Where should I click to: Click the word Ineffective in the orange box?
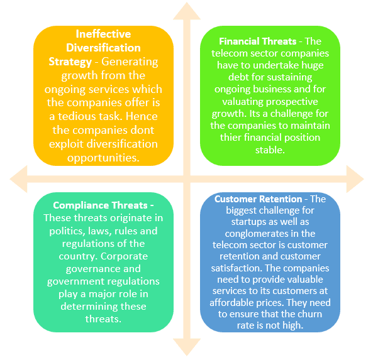tap(103, 34)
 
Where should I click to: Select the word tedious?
tap(77, 116)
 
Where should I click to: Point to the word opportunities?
tap(103, 158)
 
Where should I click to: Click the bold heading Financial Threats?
tap(258, 41)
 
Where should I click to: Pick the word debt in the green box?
tap(238, 77)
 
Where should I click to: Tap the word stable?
tap(270, 150)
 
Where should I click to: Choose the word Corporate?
tap(124, 256)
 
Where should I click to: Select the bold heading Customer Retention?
tap(258, 199)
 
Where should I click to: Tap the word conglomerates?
tap(256, 234)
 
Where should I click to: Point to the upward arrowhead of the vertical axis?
tap(187, 11)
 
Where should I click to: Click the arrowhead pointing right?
tap(355, 179)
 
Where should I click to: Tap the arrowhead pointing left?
tap(18, 179)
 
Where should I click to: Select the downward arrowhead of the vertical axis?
tap(187, 347)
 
